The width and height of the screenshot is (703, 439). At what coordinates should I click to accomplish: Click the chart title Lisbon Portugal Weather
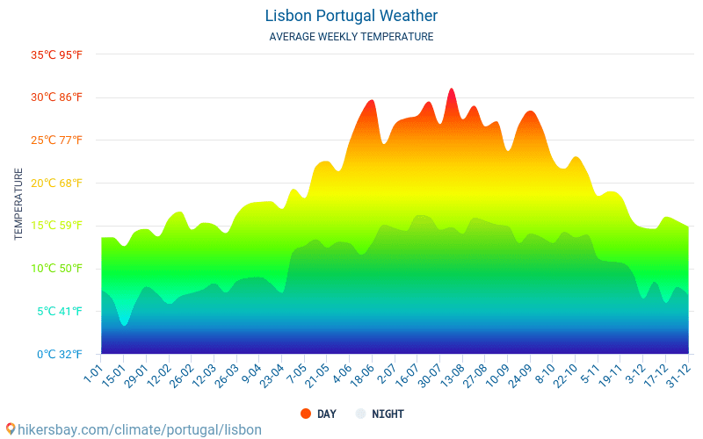pos(351,16)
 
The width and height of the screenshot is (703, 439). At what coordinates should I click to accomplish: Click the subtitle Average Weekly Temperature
pos(351,37)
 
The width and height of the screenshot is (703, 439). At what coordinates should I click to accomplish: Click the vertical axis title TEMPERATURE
pos(18,205)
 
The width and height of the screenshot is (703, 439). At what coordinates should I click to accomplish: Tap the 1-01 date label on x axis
pos(92,376)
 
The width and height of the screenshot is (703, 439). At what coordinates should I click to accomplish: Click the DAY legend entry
pos(317,414)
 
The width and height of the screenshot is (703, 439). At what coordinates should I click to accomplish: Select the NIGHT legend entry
pos(380,414)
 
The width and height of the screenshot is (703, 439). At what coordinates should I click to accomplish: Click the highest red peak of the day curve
pos(452,90)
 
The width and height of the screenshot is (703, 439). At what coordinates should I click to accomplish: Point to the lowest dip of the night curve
pos(124,325)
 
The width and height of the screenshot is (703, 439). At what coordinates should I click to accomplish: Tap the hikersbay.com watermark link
pos(134,430)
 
